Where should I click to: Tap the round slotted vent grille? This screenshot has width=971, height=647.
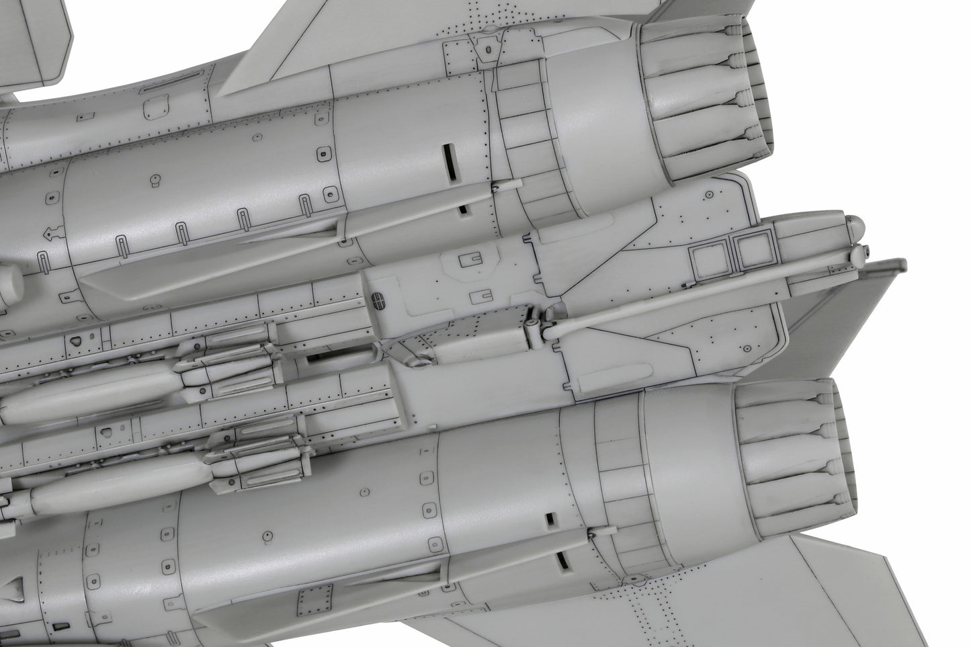click(x=380, y=300)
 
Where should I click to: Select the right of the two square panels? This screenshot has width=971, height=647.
click(x=751, y=254)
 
